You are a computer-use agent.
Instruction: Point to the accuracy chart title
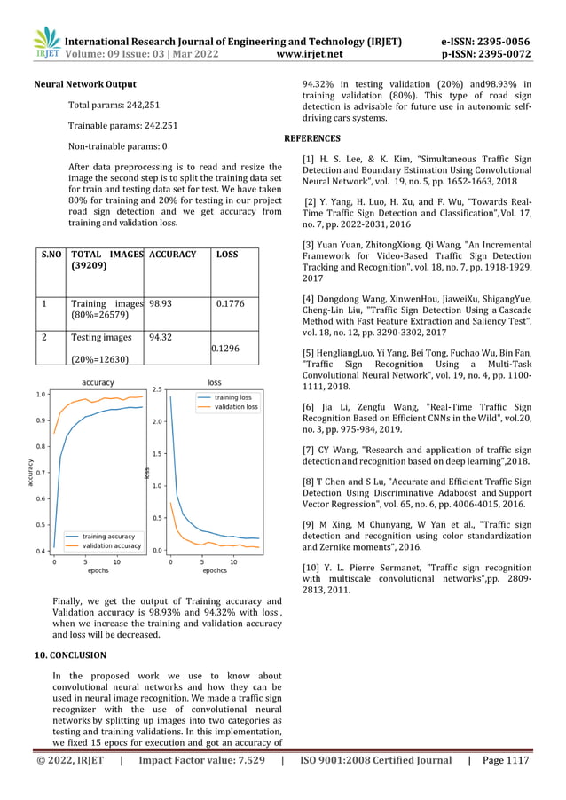98,382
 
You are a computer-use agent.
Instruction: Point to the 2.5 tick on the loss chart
156,389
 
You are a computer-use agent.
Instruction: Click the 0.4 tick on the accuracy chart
41,552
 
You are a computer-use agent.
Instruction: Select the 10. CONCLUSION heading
70,655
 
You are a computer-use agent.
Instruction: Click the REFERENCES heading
311,139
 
